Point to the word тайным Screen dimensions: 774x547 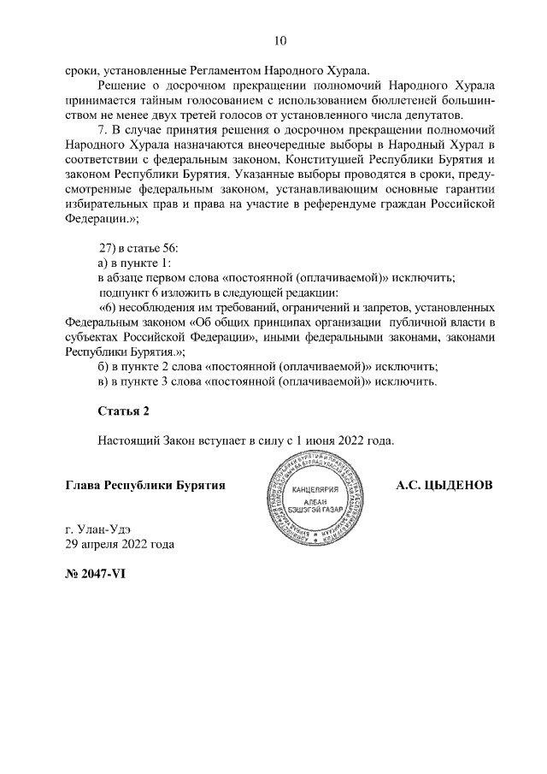pyautogui.click(x=171, y=101)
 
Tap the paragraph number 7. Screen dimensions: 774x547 pyautogui.click(x=103, y=130)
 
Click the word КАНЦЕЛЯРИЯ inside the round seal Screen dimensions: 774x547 pyautogui.click(x=316, y=490)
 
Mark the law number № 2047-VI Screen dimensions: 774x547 pyautogui.click(x=96, y=574)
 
